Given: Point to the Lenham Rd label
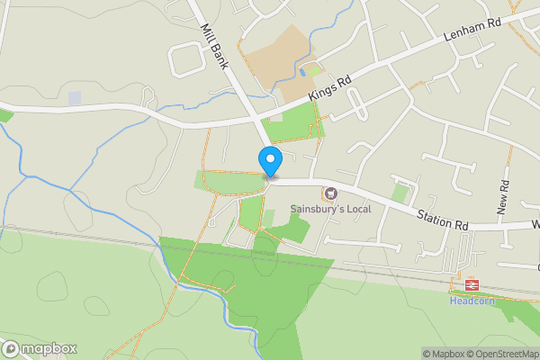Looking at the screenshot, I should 472,33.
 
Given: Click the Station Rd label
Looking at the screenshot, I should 443,218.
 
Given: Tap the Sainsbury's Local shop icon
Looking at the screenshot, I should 329,193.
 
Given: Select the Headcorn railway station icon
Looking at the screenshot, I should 470,285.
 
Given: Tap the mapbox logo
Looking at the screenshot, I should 40,348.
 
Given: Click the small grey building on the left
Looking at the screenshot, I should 74,97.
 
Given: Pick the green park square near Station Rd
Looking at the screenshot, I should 400,193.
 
